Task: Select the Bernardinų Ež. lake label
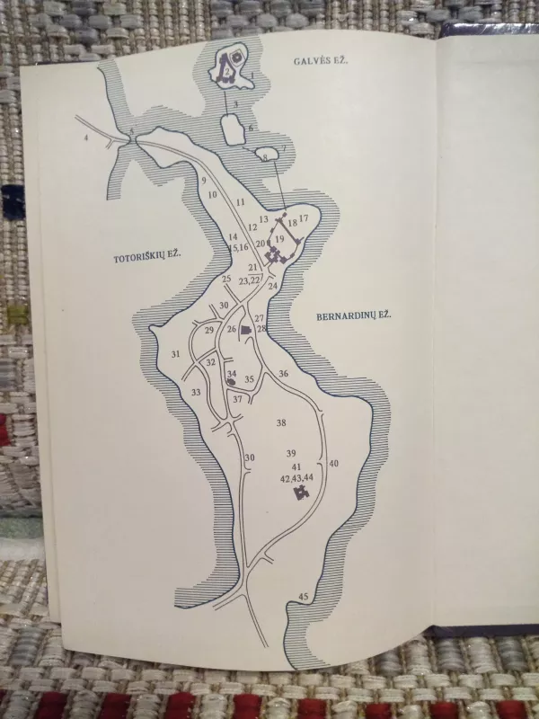click(349, 315)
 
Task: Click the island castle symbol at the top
click(229, 68)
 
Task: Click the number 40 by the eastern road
click(333, 463)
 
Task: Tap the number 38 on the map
click(280, 422)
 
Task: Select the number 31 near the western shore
click(175, 354)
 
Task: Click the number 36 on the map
click(284, 373)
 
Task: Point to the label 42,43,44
click(296, 477)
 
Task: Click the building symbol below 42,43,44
click(288, 493)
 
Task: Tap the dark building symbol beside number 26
click(245, 330)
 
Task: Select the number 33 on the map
click(195, 392)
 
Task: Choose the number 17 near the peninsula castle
click(304, 218)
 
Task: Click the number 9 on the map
click(204, 181)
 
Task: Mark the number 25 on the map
click(226, 279)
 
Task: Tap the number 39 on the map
click(290, 452)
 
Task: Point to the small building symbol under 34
click(231, 382)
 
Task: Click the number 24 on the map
click(273, 285)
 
